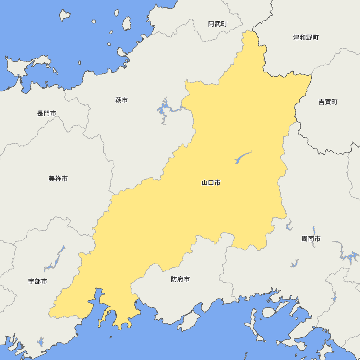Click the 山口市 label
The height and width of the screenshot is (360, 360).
coord(211,183)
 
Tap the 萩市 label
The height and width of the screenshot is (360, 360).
coord(121,100)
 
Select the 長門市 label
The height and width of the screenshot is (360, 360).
coord(47,113)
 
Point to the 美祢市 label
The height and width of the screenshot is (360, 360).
coord(58,179)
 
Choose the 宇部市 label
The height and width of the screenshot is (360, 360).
coord(37,282)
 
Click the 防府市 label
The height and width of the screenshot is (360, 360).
coord(180,279)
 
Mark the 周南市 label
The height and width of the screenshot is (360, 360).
coord(311,239)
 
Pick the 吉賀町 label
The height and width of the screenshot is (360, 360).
coord(328,102)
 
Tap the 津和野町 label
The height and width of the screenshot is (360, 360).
coord(306,37)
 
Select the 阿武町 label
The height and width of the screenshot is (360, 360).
coord(218,24)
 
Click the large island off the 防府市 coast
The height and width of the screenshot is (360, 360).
coord(189,320)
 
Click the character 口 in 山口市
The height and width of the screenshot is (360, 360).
coord(211,183)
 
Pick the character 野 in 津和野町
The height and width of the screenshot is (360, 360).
coord(309,37)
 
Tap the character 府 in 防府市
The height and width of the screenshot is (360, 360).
coord(180,279)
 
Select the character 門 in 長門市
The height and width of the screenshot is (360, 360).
coord(47,113)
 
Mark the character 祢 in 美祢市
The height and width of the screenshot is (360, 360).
coord(58,179)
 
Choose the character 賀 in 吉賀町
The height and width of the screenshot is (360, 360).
coord(328,102)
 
